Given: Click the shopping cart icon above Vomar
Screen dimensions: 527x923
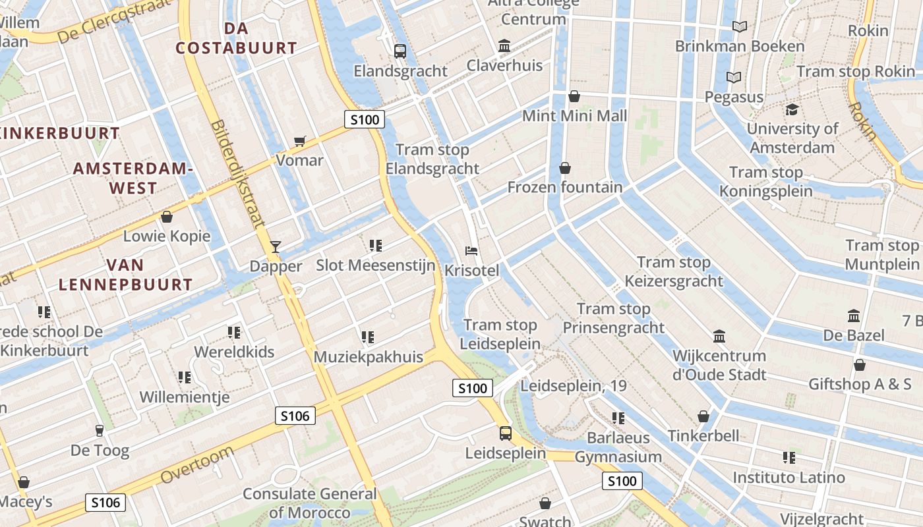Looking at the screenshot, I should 300,140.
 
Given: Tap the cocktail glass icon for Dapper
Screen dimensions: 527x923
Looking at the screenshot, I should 276,247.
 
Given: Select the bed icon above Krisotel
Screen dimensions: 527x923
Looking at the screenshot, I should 471,251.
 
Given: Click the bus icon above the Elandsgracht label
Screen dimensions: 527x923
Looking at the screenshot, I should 400,51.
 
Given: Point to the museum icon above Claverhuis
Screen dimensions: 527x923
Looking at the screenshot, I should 504,45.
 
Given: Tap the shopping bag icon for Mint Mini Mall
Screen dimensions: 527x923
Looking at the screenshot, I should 574,96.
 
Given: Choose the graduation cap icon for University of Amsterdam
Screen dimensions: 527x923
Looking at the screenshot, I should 792,109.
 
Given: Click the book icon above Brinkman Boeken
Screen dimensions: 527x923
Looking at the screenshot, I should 740,26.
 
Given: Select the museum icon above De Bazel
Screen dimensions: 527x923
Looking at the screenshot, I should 854,316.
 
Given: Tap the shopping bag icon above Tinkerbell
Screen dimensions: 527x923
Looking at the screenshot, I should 703,416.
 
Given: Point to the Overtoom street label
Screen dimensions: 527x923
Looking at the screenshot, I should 196,464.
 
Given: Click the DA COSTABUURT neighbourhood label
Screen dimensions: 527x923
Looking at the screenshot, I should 236,38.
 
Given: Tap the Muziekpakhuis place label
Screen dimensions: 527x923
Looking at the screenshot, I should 369,357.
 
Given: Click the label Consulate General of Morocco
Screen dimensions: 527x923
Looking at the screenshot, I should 310,503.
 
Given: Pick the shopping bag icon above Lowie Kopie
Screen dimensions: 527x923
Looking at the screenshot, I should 167,217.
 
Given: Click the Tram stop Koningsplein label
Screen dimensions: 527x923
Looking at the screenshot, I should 765,182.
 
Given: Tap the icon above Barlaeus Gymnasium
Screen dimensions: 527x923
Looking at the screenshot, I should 618,418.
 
